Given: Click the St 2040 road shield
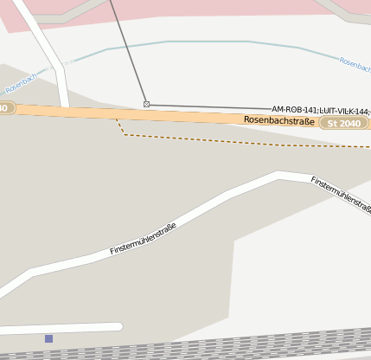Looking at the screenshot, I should point(344,124).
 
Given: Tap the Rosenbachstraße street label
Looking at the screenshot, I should point(278,120).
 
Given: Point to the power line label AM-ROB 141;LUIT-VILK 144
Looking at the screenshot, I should point(320,110).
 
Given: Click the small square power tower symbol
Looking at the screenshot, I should point(146,104).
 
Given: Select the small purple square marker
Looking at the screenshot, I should point(48,338).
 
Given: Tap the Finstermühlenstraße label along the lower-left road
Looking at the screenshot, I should point(143,239).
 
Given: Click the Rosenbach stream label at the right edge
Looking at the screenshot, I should point(355,63).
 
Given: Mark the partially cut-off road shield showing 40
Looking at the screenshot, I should point(6,108).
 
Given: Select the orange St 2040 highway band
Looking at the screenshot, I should point(173,116).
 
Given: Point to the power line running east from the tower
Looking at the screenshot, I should point(208,106).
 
